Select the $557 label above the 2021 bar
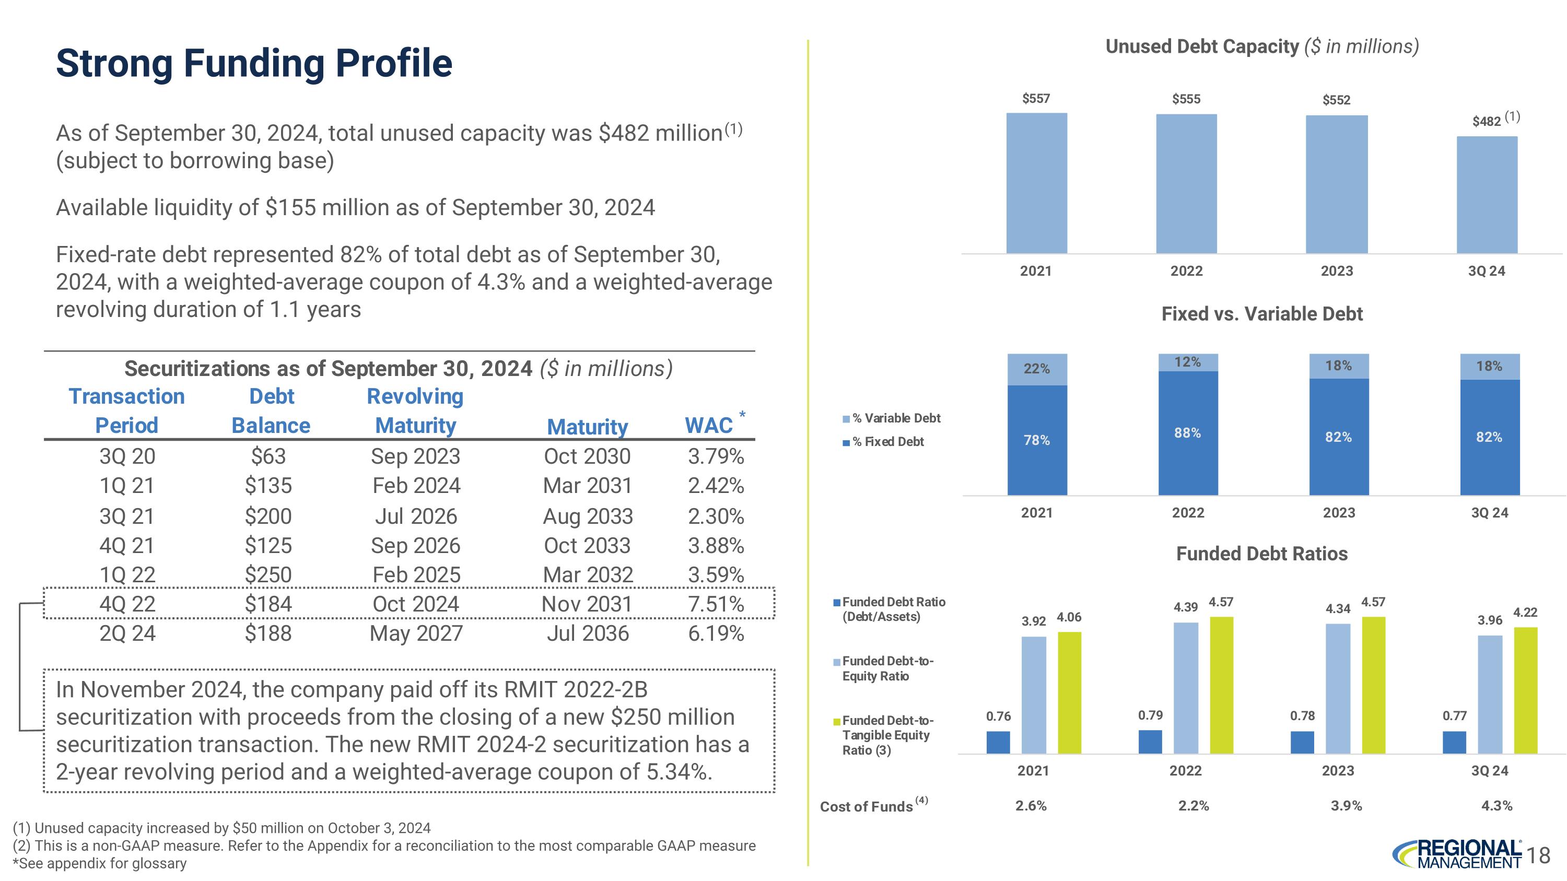[x=1036, y=99]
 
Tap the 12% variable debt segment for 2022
[x=1187, y=362]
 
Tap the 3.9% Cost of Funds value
[x=1346, y=806]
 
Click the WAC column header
[x=709, y=425]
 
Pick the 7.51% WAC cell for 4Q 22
[x=716, y=604]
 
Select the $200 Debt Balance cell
[x=268, y=516]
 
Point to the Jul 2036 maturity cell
[x=587, y=633]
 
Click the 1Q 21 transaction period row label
[x=127, y=485]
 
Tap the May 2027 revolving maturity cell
[x=416, y=633]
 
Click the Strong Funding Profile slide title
[x=254, y=63]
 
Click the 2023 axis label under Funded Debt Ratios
[x=1338, y=771]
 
